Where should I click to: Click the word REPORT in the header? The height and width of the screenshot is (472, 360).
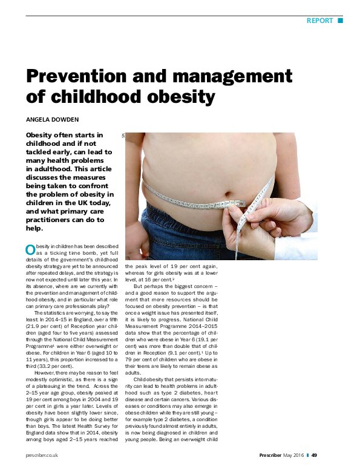(320, 21)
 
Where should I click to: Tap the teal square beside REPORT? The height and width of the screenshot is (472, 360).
(340, 21)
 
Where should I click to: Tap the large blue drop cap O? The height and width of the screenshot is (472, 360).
(30, 250)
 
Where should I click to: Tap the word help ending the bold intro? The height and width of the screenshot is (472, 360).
(34, 229)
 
